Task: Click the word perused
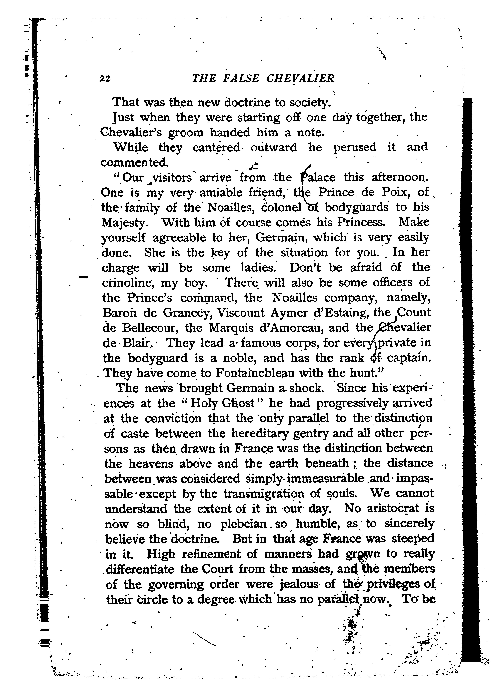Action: tap(355, 148)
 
